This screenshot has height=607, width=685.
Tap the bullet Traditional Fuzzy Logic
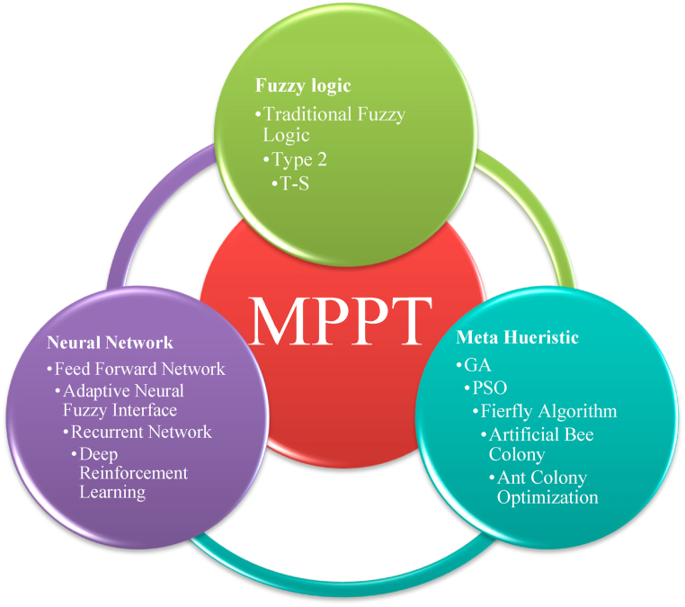tap(334, 124)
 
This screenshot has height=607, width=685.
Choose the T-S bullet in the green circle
tap(298, 183)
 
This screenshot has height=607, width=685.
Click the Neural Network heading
tap(110, 343)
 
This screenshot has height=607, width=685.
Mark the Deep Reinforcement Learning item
tap(133, 473)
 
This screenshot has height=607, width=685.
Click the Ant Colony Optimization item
tap(542, 486)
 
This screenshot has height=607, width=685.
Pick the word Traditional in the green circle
tap(307, 114)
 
